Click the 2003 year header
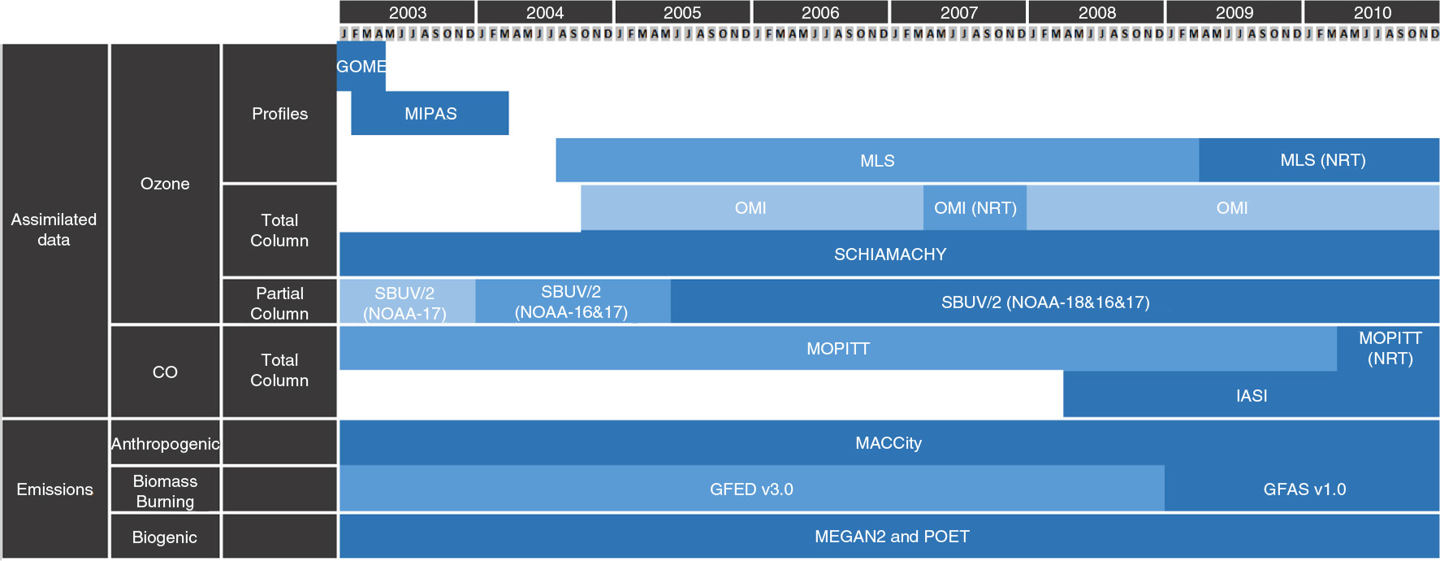click(407, 12)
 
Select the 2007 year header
click(958, 12)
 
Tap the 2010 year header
click(1372, 12)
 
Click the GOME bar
click(361, 67)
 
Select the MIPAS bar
click(430, 113)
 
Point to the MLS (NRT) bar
click(1319, 160)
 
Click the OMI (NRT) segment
click(975, 207)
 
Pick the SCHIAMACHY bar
click(889, 254)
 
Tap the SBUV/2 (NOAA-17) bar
click(407, 302)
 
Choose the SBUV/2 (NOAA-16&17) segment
click(573, 302)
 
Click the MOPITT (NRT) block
click(1388, 349)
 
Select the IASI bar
click(1252, 395)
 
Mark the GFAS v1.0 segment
click(1302, 489)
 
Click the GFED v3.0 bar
click(751, 489)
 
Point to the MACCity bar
click(889, 442)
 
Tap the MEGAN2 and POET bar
click(889, 537)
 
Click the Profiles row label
click(279, 113)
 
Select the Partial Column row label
click(279, 302)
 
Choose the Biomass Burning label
click(165, 490)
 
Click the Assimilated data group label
click(54, 230)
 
